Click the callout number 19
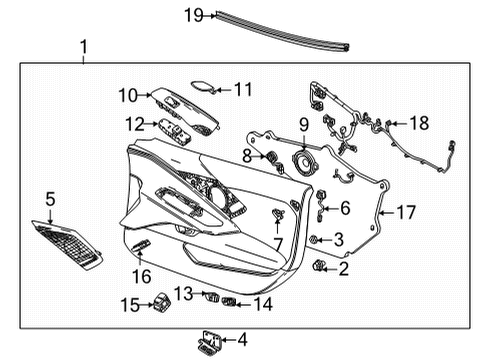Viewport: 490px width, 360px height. click(193, 14)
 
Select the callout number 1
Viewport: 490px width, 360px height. click(84, 46)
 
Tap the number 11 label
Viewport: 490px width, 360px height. click(243, 89)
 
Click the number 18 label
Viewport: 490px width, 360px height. click(418, 122)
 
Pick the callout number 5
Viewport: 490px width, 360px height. click(51, 198)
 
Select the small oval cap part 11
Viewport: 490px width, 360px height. click(201, 87)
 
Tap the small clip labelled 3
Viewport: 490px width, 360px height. click(315, 239)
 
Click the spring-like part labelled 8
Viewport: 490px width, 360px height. click(267, 156)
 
